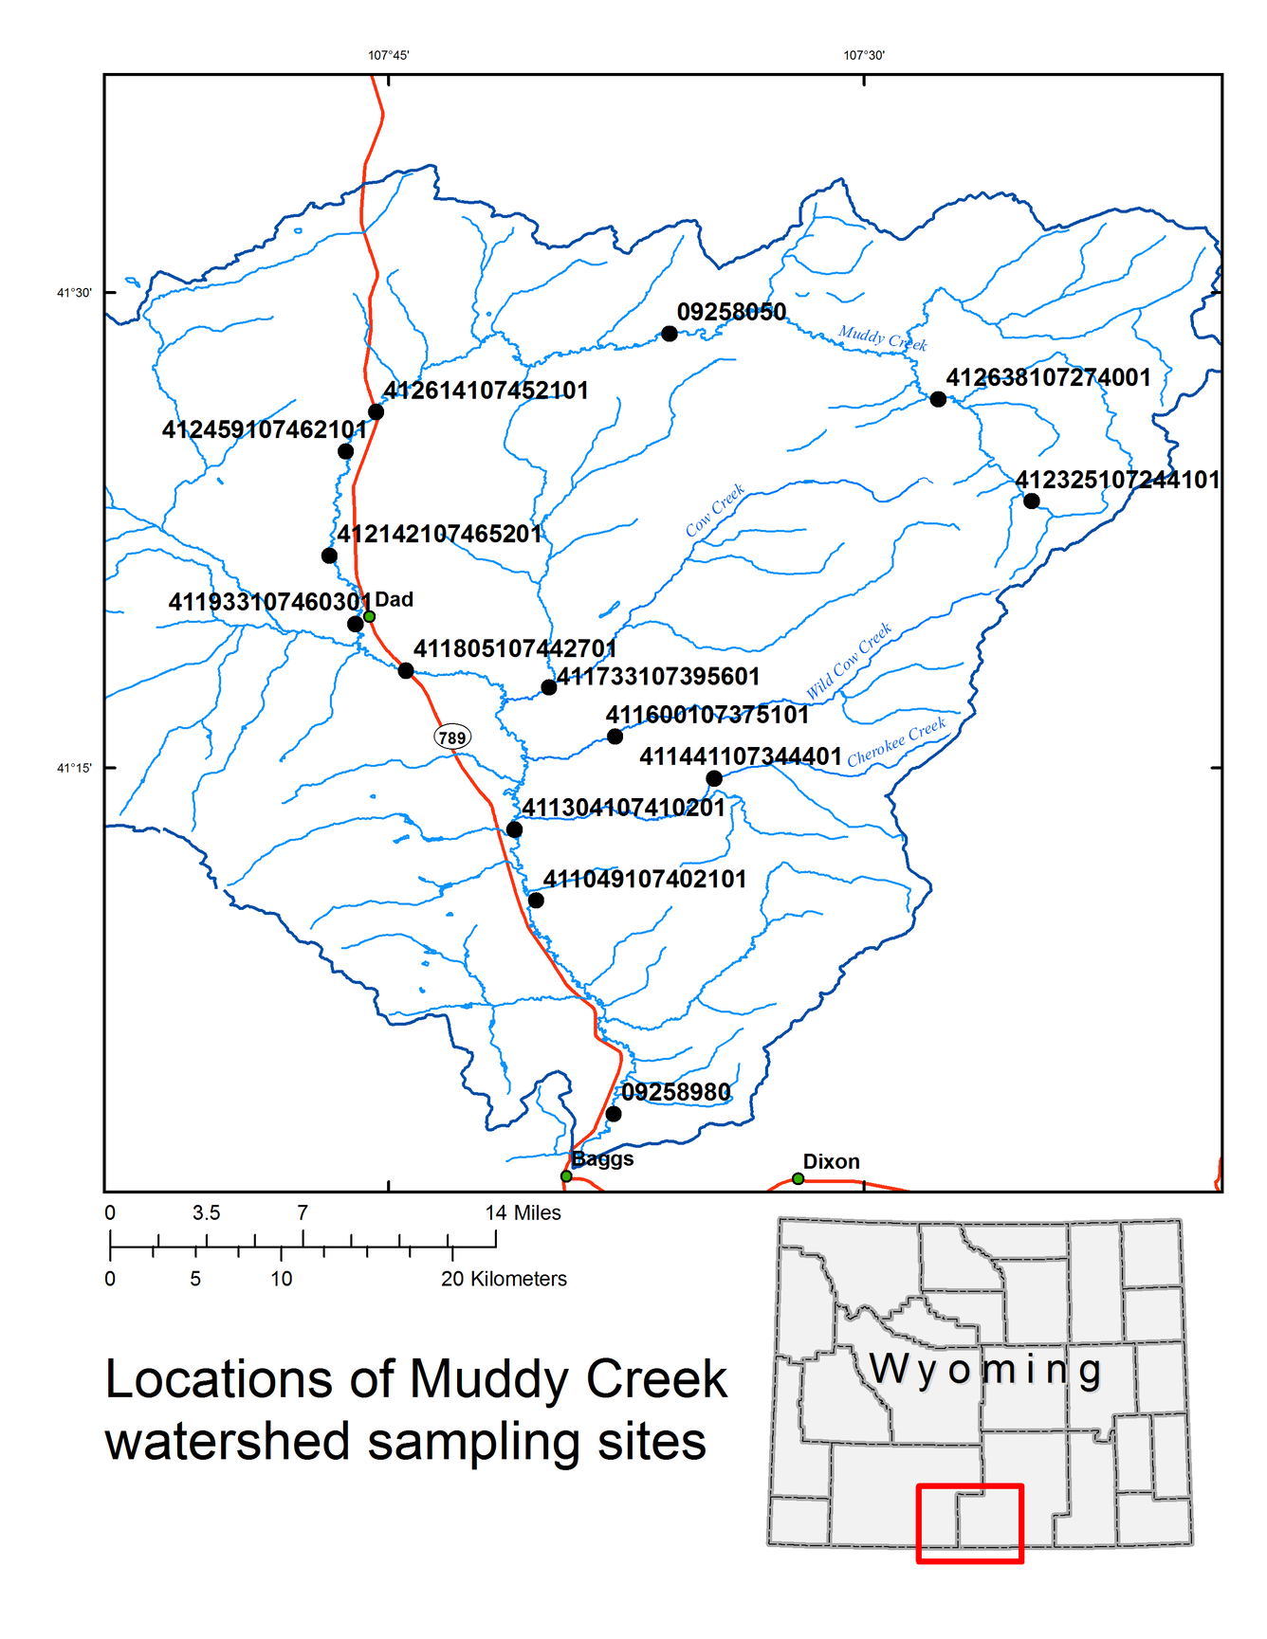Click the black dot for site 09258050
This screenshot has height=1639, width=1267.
670,334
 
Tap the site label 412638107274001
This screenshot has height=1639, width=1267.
1048,377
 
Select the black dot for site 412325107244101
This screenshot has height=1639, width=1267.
1032,501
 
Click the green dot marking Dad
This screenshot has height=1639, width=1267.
370,617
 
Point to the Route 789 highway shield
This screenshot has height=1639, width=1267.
452,738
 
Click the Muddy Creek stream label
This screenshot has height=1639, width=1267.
882,337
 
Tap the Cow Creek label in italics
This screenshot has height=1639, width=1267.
715,511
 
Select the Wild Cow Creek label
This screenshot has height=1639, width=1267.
850,661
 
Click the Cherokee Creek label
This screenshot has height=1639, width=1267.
896,742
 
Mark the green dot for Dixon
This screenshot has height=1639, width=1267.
799,1178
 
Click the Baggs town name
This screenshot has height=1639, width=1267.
602,1158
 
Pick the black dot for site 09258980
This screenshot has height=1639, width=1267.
614,1114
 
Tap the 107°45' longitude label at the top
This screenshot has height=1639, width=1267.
388,55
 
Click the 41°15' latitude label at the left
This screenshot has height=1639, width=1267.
74,768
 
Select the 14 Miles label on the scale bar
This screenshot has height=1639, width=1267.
523,1212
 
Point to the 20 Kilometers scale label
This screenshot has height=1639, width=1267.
504,1279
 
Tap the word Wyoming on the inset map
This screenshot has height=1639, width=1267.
985,1370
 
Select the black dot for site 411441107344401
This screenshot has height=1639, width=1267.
714,779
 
